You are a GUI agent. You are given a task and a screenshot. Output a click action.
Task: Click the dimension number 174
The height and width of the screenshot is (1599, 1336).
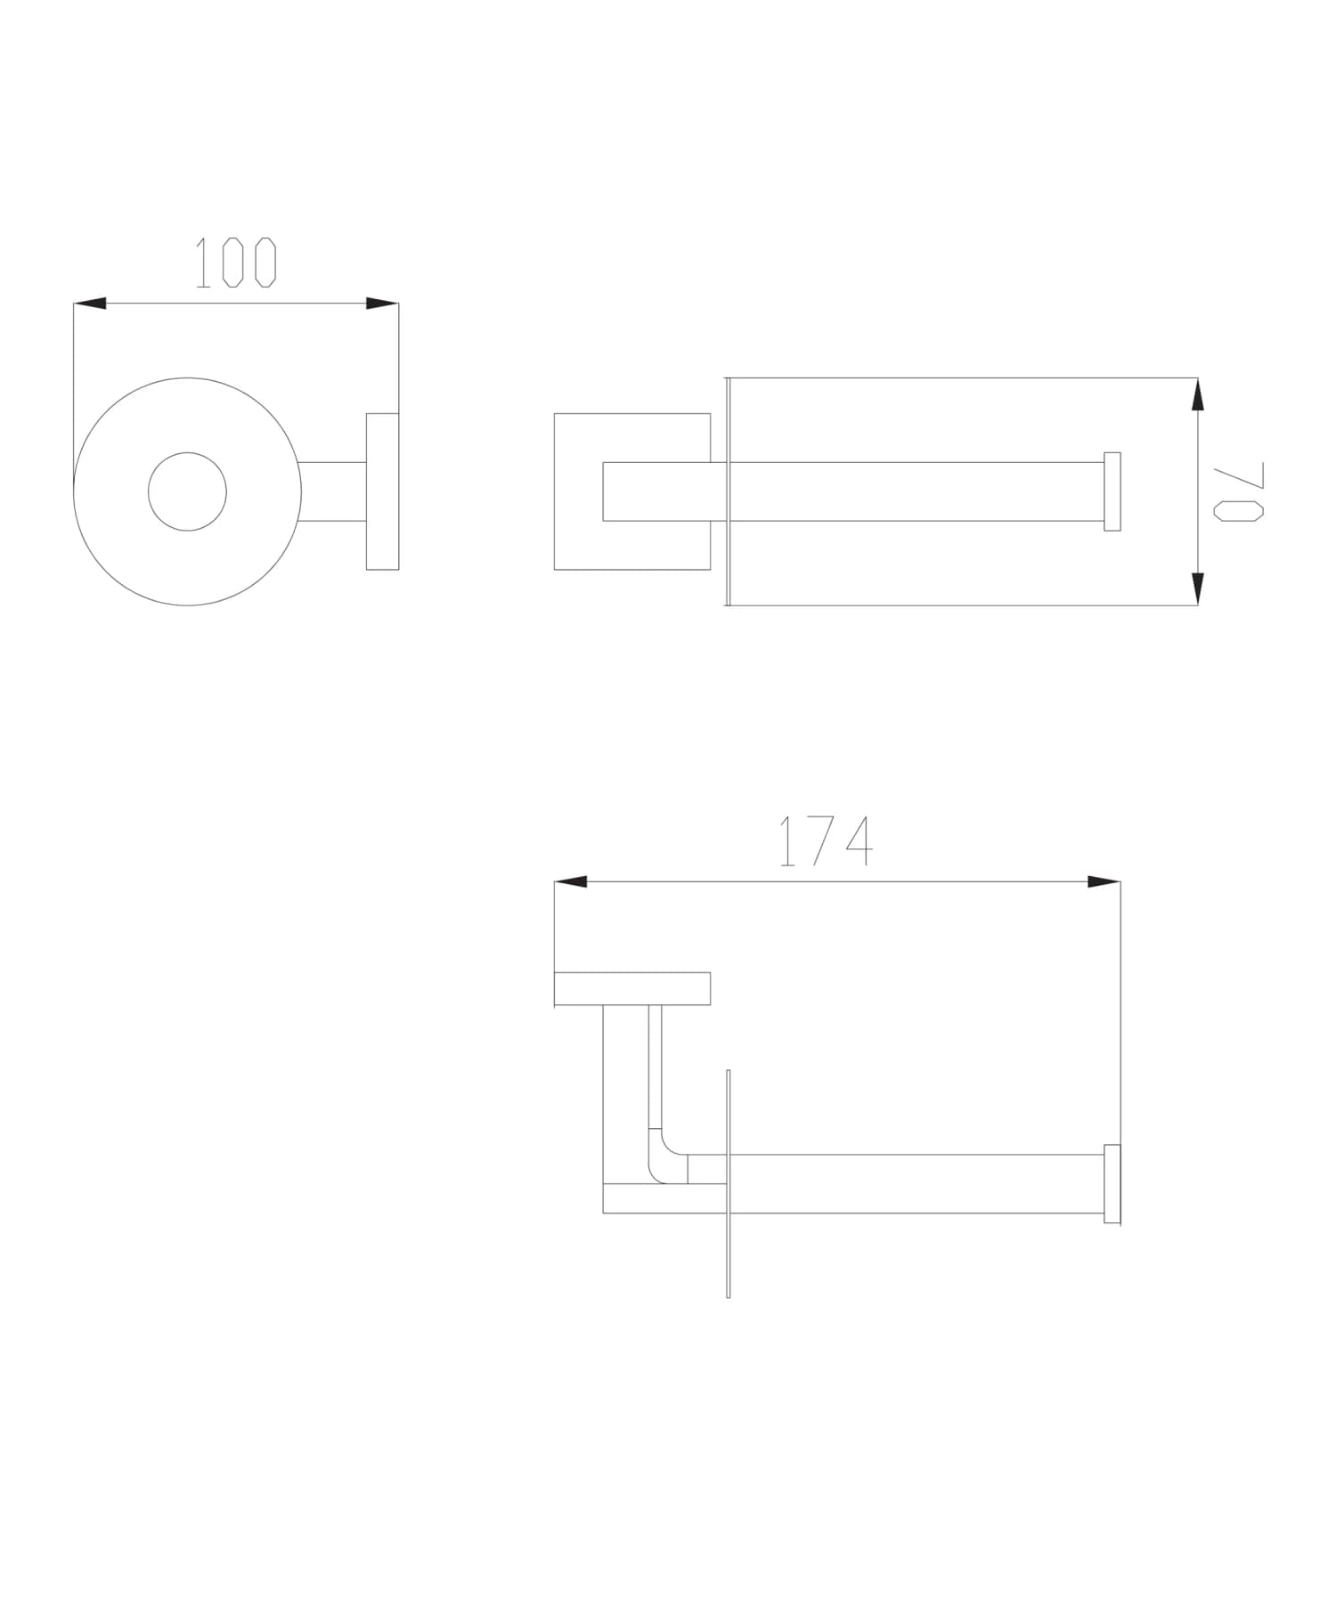click(x=826, y=841)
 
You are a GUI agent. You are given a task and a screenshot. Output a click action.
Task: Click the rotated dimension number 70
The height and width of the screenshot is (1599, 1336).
click(x=1239, y=491)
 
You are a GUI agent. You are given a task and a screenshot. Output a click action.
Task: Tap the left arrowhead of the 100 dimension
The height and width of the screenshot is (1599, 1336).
click(x=90, y=304)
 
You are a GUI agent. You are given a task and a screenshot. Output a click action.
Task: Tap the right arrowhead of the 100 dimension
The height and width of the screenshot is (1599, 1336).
click(x=382, y=304)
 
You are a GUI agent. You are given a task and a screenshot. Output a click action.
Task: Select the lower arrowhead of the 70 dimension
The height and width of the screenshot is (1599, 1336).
click(x=1198, y=588)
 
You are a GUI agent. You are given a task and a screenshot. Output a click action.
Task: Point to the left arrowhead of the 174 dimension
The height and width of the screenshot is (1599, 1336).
click(x=571, y=881)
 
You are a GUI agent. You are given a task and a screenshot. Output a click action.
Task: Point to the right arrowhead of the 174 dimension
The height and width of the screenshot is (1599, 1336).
click(x=1104, y=881)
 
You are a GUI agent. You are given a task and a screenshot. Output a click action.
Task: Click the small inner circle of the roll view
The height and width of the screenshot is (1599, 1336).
click(x=187, y=491)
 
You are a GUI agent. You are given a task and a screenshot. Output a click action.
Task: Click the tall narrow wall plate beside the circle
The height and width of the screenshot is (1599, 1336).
click(x=382, y=491)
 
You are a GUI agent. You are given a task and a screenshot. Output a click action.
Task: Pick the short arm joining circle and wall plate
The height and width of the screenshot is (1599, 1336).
click(x=333, y=491)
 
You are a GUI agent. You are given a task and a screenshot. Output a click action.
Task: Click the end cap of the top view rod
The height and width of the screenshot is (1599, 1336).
click(x=1112, y=491)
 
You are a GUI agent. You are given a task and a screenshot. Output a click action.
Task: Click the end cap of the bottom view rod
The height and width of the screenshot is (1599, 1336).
click(x=1112, y=1183)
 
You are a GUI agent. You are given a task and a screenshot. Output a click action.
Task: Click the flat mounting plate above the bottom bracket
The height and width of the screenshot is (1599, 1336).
click(x=631, y=988)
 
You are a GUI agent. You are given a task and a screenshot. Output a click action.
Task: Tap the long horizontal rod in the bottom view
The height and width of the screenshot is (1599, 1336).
click(x=917, y=1183)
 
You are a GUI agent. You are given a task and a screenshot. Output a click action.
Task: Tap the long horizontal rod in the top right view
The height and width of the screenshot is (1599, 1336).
click(x=917, y=491)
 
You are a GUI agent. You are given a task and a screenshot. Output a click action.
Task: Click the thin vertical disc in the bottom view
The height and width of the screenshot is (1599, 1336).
click(x=729, y=1246)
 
